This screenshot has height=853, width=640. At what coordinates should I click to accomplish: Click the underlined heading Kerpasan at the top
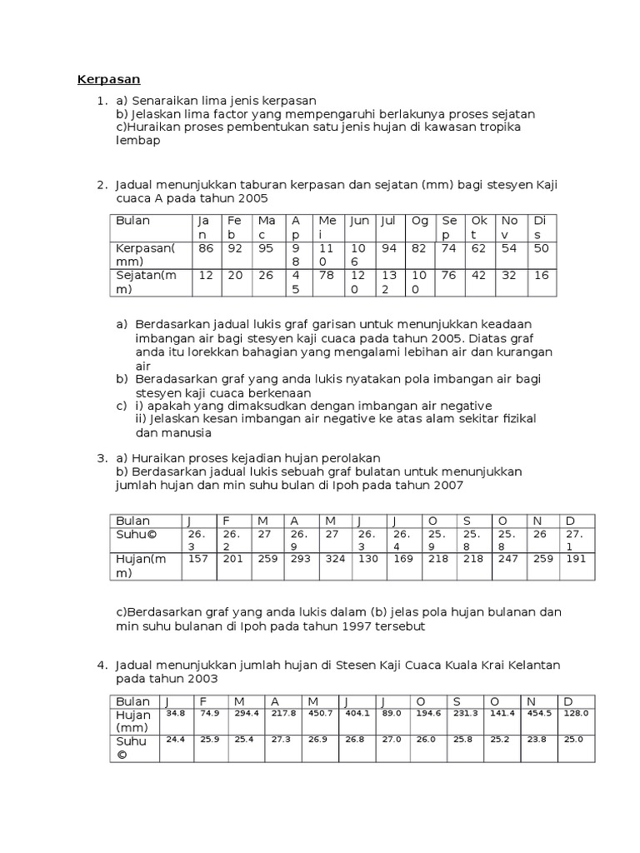(x=108, y=80)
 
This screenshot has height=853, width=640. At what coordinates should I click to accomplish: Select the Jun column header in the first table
(x=359, y=221)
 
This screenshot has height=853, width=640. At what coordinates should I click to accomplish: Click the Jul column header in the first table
(x=388, y=221)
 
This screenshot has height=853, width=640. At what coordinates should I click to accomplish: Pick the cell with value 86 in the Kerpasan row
(x=205, y=248)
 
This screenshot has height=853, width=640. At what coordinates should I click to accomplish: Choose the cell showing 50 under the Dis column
(x=542, y=248)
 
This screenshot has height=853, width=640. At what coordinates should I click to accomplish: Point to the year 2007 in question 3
(x=448, y=485)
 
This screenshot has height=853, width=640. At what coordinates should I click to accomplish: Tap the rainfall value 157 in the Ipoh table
(x=198, y=559)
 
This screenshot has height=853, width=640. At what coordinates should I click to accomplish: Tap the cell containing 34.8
(x=176, y=714)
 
